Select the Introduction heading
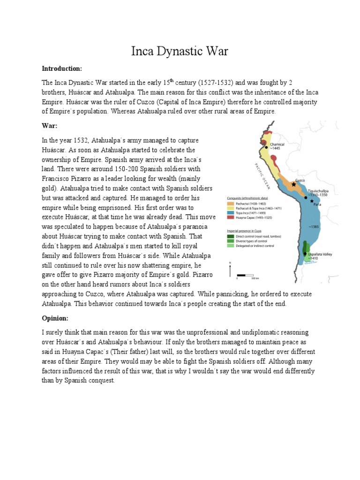pyautogui.click(x=62, y=69)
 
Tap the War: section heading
pyautogui.click(x=50, y=126)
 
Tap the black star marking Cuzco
pyautogui.click(x=294, y=185)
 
